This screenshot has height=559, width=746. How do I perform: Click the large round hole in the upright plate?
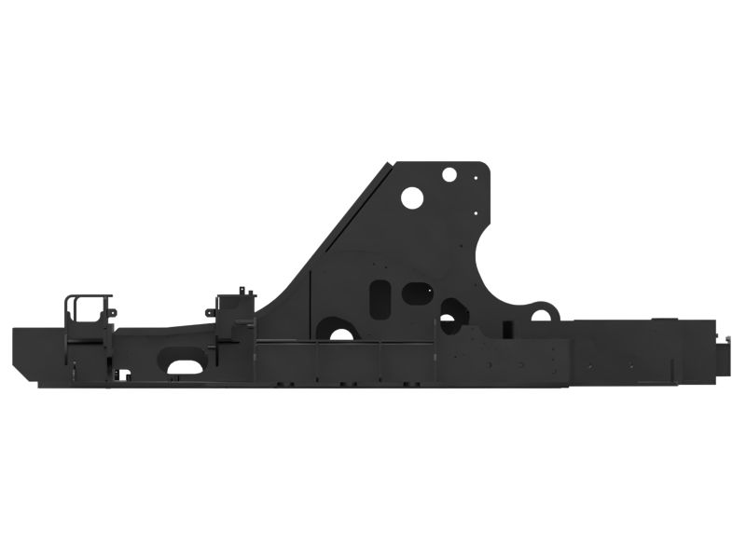(x=412, y=198)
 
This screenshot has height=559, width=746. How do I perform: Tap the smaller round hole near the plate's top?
(x=449, y=174)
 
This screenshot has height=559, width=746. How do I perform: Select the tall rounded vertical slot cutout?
(x=380, y=297)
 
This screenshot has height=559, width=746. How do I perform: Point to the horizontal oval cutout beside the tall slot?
(x=416, y=293)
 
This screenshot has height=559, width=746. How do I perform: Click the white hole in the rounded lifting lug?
(x=541, y=315)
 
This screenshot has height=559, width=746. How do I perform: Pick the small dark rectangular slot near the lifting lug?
(x=507, y=329)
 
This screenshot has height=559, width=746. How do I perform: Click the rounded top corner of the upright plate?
(x=484, y=169)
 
